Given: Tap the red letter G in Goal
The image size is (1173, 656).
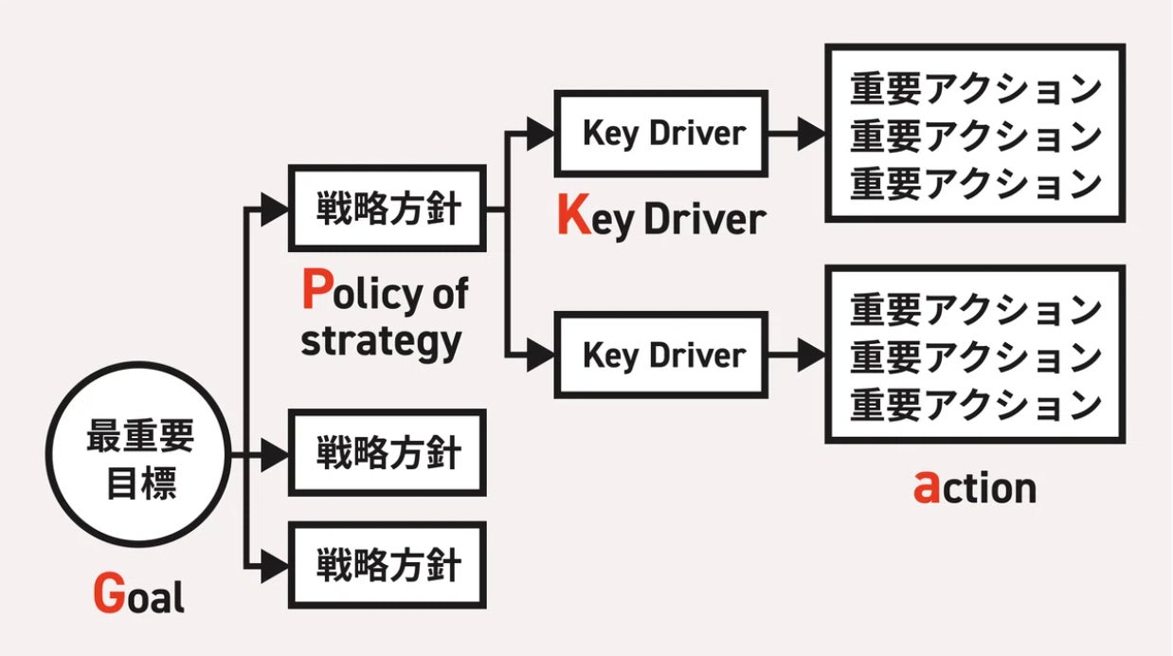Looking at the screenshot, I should coord(109,594).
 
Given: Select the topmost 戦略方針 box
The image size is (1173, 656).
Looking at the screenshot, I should coord(387,209).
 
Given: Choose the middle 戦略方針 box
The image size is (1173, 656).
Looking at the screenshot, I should coord(387,453).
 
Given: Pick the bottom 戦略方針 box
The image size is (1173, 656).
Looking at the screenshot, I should coord(387,565).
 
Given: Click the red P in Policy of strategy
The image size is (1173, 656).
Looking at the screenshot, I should coord(316,291).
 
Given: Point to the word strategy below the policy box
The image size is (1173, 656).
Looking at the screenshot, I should coord(381,340).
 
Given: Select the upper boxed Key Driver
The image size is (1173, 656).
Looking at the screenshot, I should coord(660,134).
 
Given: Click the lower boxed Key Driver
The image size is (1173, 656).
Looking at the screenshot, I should coord(660,355).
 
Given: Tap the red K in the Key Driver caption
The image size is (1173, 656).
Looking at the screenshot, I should coord(574,217).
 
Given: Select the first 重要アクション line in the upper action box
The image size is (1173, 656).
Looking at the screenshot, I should coord(975,90).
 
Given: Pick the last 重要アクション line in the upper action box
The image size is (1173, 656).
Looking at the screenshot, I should coord(975,183).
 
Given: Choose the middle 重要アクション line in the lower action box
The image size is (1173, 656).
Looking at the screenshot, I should coord(975,357).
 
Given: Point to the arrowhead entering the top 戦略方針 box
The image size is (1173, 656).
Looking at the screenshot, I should coord(274,209).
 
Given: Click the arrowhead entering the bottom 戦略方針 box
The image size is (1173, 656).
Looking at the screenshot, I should coord(274,565).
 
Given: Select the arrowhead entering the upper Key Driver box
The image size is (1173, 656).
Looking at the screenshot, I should coord(541,134).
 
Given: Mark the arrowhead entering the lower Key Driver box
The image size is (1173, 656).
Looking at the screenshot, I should coord(541,355).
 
